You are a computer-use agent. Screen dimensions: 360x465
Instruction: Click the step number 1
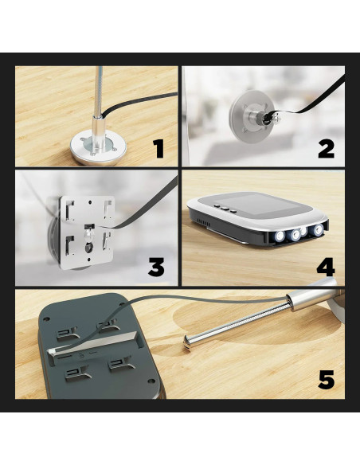[x=158, y=149]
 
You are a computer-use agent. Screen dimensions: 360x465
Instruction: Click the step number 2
[x=327, y=149]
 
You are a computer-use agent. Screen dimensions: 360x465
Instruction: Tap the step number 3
[x=156, y=267]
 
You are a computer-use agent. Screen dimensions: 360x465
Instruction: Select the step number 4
[x=326, y=267]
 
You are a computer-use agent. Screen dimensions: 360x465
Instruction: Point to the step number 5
[x=327, y=379]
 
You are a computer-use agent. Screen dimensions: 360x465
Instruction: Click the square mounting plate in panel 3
[x=87, y=232]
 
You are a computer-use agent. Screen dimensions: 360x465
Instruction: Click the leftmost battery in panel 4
[x=280, y=236]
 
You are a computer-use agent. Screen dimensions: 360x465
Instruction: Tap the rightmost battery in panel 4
[x=319, y=229]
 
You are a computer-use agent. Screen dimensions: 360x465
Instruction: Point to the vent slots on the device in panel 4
[x=204, y=222]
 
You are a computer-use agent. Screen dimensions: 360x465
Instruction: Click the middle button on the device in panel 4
[x=225, y=209]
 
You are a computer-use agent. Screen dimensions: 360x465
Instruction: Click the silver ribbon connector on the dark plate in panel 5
[x=92, y=346]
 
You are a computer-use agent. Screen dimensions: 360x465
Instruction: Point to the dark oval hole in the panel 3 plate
[x=89, y=248]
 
